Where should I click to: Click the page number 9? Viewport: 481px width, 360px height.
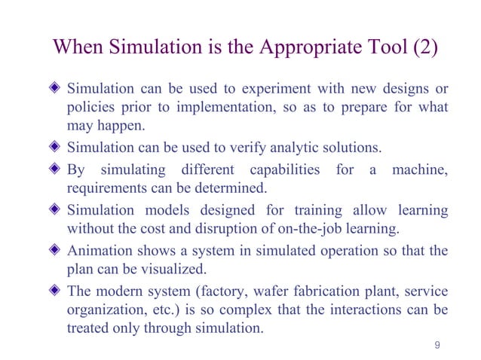tap(438, 346)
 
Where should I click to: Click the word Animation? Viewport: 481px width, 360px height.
tap(98, 251)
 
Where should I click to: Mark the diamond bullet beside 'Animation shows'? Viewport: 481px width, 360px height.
tap(54, 251)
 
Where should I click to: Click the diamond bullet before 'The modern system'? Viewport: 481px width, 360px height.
tap(54, 291)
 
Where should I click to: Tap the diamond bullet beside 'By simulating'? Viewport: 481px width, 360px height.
tap(54, 169)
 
